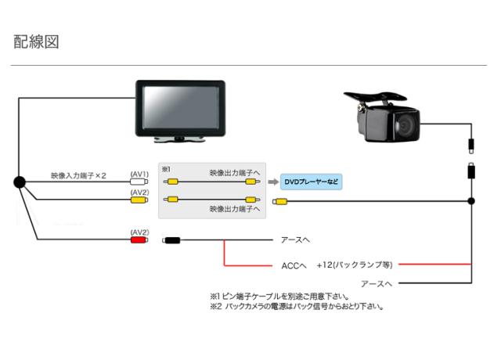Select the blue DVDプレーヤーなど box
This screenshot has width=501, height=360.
click(312, 182)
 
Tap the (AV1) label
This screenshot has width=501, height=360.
click(139, 173)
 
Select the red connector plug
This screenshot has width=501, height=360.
click(139, 240)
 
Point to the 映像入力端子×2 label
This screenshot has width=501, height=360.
click(78, 175)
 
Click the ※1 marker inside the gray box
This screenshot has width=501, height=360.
click(166, 169)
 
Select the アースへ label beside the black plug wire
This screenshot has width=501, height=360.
click(295, 240)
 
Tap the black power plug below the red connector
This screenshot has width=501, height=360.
click(172, 240)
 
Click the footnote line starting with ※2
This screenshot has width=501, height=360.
click(297, 306)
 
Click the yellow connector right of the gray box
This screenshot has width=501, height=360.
click(281, 201)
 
